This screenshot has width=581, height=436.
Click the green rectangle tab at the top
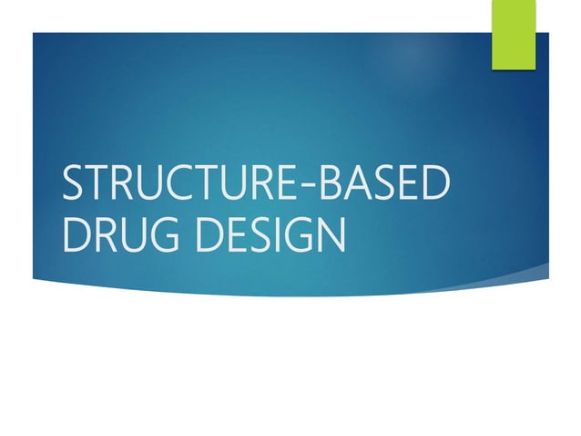pyautogui.click(x=514, y=34)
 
